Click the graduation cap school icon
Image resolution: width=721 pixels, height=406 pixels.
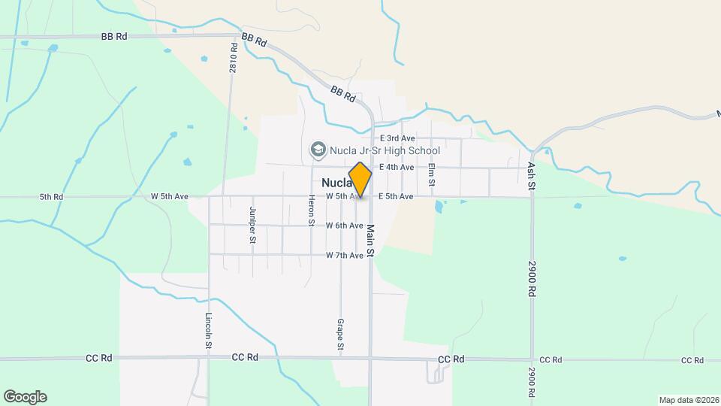[318, 150]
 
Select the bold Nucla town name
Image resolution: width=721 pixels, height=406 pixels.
[336, 183]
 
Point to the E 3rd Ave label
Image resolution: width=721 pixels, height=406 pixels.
[397, 138]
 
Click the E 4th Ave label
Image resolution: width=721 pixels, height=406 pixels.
[397, 167]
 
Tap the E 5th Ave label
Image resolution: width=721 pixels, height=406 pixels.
[396, 196]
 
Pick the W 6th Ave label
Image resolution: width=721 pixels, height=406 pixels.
[345, 226]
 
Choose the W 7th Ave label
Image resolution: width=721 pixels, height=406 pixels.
[345, 256]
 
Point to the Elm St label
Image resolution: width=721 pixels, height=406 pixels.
[432, 176]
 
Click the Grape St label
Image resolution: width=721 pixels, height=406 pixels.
[340, 335]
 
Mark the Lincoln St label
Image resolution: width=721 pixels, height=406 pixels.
[208, 331]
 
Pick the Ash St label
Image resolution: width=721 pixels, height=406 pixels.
[531, 175]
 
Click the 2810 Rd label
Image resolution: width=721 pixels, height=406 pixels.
[233, 56]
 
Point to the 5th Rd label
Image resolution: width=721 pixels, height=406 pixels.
[51, 197]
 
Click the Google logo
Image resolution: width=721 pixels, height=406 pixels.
[25, 397]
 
